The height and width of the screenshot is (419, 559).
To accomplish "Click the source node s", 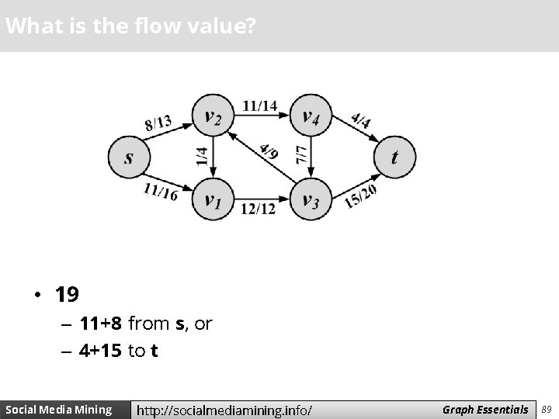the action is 129,158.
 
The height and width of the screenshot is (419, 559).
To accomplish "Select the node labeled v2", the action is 213,116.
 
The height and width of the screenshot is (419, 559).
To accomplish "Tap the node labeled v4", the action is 311,116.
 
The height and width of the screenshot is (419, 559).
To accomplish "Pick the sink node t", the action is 394,158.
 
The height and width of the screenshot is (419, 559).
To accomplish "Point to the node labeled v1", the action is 213,199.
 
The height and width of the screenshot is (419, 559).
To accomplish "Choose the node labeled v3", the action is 311,199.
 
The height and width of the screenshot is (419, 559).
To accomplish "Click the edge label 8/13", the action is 158,123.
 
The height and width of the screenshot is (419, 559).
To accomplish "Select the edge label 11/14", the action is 259,105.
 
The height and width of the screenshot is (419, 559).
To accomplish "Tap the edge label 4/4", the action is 360,120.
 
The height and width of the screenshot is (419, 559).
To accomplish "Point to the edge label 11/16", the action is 160,190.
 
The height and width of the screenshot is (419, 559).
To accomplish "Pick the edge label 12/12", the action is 259,208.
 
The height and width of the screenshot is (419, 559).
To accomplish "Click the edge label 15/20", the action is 360,196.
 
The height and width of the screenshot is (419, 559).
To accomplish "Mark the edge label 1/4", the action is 202,158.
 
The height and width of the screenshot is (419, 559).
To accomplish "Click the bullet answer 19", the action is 67,295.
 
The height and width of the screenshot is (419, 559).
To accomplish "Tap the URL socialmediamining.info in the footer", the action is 224,410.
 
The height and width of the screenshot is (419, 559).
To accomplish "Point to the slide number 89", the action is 547,409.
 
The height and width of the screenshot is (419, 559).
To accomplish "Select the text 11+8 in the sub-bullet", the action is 100,323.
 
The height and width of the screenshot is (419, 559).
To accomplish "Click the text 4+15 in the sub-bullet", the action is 100,351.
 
